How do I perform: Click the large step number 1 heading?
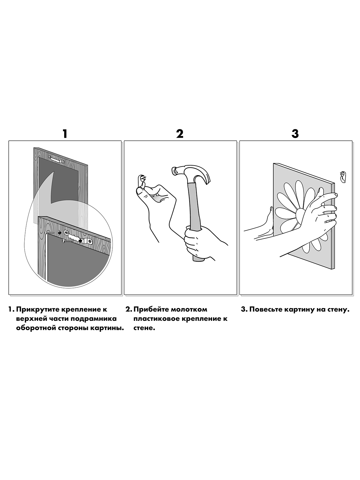[65, 133]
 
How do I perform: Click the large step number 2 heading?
[180, 133]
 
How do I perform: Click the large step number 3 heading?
[295, 133]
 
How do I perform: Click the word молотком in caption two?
[189, 310]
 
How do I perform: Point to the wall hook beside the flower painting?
[343, 177]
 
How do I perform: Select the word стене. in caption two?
[144, 328]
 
